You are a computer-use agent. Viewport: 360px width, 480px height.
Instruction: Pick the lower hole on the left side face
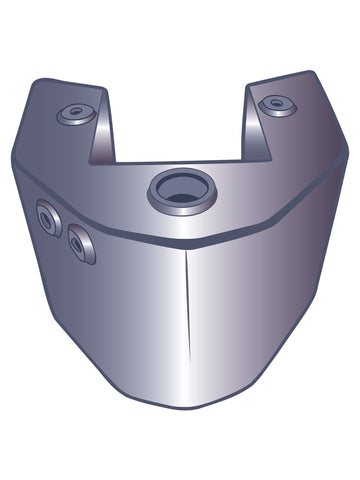[x=80, y=243]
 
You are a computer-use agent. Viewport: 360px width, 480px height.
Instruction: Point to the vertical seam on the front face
[x=187, y=320]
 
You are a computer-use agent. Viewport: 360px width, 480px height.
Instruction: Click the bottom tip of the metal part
[x=190, y=408]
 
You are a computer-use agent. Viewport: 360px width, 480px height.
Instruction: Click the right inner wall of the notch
[x=254, y=125]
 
